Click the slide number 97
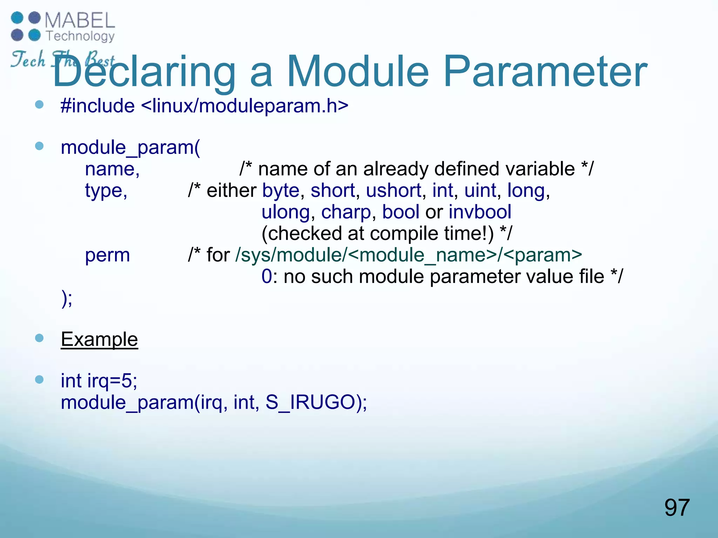click(677, 508)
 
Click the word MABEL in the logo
click(80, 20)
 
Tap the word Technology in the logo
click(80, 36)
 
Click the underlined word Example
click(99, 339)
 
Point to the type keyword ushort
click(393, 191)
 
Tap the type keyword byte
click(280, 191)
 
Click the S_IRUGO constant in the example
click(310, 402)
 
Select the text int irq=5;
click(99, 381)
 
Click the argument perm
click(107, 255)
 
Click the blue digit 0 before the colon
click(266, 277)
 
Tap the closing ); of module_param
click(67, 298)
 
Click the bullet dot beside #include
click(39, 104)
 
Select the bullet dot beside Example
click(39, 338)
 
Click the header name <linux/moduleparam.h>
click(245, 106)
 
